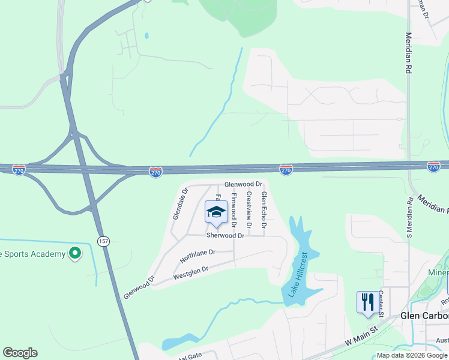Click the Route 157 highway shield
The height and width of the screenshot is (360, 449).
click(x=102, y=241)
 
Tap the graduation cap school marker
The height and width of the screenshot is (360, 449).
click(x=216, y=212)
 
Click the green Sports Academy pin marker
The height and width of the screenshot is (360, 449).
click(x=74, y=254)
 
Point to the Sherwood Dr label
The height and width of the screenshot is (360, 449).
click(x=225, y=236)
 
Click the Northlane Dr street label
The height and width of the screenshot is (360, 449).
click(x=196, y=257)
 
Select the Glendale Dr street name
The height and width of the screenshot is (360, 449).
click(x=178, y=204)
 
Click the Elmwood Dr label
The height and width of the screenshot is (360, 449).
click(x=234, y=211)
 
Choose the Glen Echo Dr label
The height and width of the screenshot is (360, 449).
click(x=263, y=209)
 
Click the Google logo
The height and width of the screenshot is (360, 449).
click(x=19, y=353)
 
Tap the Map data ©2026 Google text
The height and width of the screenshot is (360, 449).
click(x=412, y=355)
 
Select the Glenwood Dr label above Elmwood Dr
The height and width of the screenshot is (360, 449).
click(x=243, y=184)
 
